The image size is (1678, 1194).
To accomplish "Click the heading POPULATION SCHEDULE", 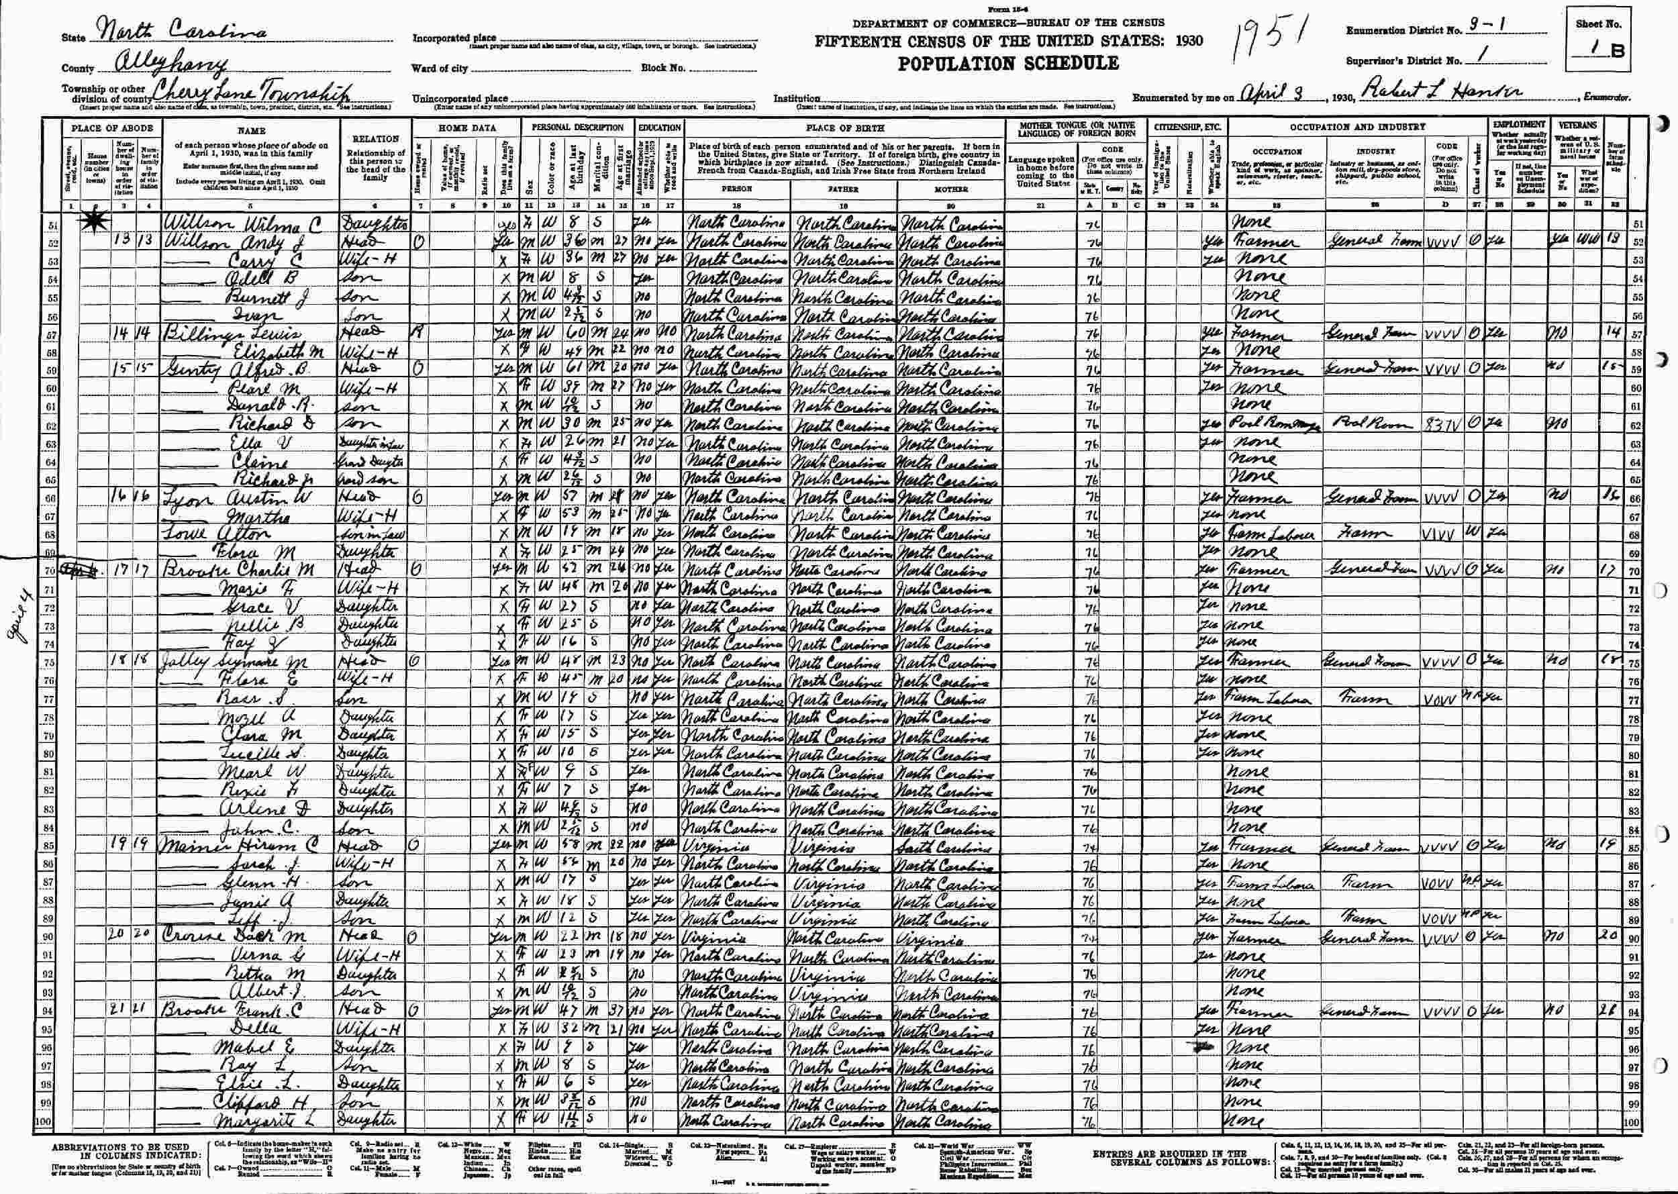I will (1008, 63).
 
